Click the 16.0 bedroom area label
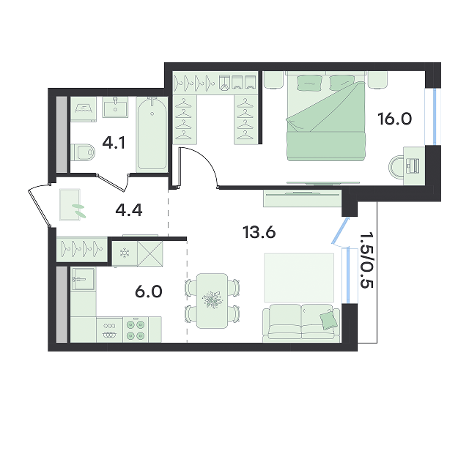(x=394, y=119)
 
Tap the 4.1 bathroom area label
(x=114, y=143)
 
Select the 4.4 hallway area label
(x=129, y=210)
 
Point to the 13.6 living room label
(x=259, y=232)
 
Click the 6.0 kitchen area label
(x=149, y=291)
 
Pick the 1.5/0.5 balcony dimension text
(x=366, y=260)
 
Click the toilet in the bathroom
(x=83, y=152)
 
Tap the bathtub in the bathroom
(x=152, y=134)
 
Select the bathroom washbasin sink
(x=115, y=107)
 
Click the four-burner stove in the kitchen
(x=136, y=330)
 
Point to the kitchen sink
(x=83, y=279)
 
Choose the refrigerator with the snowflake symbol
(x=125, y=253)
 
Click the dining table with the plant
(x=212, y=301)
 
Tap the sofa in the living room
(x=301, y=324)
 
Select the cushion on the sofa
(x=328, y=320)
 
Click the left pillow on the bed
(x=310, y=83)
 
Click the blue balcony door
(x=340, y=231)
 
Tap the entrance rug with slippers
(x=70, y=205)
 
